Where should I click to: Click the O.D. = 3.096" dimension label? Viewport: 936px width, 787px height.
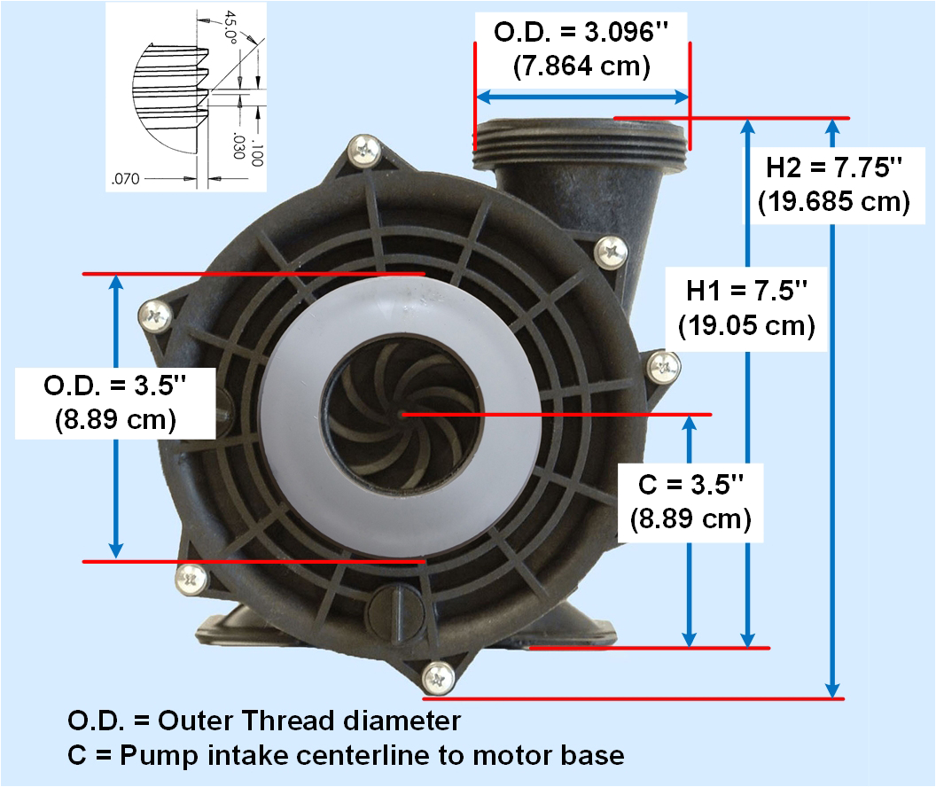point(581,33)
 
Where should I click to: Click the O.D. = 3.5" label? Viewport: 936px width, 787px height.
point(115,387)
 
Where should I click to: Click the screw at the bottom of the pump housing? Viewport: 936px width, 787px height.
point(438,678)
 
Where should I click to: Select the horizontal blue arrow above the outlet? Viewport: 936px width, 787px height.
point(582,96)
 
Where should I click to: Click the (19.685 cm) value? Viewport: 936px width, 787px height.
point(833,202)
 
